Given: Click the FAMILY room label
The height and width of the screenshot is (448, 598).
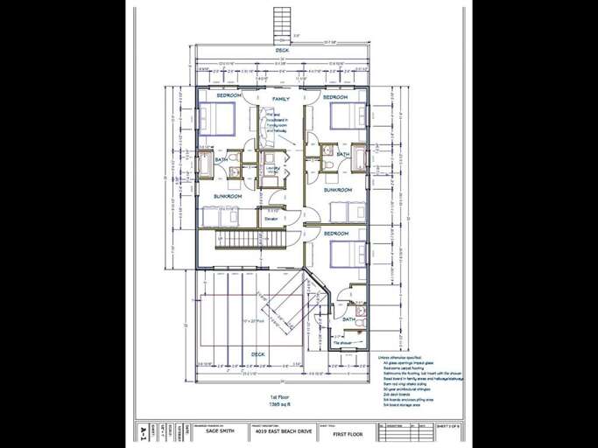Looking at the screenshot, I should pyautogui.click(x=280, y=99).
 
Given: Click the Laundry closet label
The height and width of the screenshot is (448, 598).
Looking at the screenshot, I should pyautogui.click(x=271, y=170).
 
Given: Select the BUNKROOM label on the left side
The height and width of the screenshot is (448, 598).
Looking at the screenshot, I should pyautogui.click(x=228, y=197).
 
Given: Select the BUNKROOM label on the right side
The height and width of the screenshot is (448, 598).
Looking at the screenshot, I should pyautogui.click(x=338, y=189).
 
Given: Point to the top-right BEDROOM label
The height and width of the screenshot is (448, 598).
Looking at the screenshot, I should pyautogui.click(x=335, y=97).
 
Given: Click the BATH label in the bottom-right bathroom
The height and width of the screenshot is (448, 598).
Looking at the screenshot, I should pyautogui.click(x=348, y=319).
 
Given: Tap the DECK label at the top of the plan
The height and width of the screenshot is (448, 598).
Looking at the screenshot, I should pyautogui.click(x=282, y=50).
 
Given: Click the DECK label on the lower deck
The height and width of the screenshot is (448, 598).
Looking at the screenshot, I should pyautogui.click(x=258, y=353).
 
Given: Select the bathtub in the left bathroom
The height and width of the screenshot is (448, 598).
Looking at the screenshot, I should pyautogui.click(x=204, y=163).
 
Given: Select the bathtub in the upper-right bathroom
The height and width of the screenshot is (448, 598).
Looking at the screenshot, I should pyautogui.click(x=359, y=157).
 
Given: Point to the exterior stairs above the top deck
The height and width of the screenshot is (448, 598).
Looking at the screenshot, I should pyautogui.click(x=282, y=22).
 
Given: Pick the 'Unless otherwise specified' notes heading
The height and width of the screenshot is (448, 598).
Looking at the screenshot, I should pyautogui.click(x=398, y=357).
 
